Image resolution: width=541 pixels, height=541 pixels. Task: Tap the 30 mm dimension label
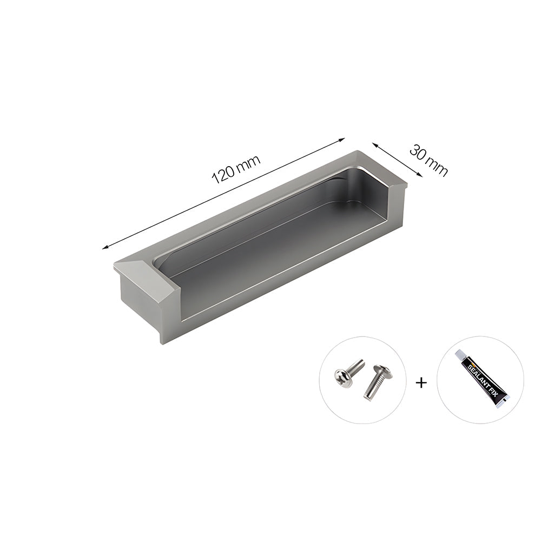point(428,160)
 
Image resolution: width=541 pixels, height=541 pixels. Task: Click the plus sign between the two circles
point(421,383)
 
